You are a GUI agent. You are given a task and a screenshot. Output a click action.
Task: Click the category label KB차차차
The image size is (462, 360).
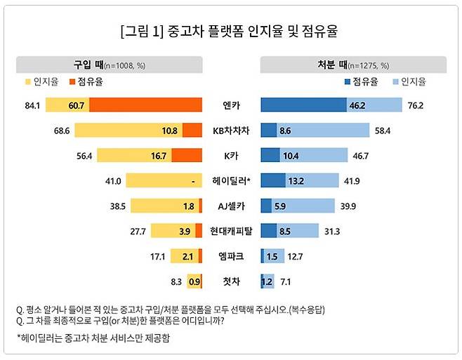click(231, 131)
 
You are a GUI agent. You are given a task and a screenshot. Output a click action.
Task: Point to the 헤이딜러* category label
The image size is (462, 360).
click(231, 181)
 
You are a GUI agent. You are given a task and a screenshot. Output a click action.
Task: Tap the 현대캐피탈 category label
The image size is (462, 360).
click(231, 232)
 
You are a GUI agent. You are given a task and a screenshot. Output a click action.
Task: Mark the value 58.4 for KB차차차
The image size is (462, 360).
click(383, 131)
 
